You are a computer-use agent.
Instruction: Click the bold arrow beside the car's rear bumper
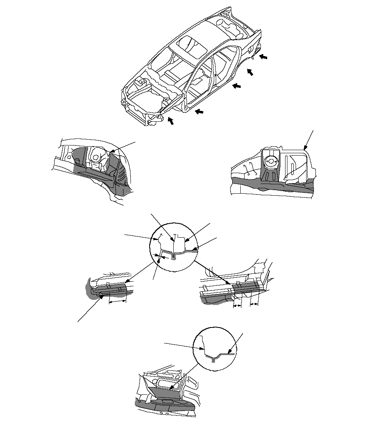[x=264, y=57]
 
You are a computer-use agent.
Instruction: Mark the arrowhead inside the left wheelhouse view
[x=111, y=152]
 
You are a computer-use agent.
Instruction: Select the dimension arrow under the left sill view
[x=118, y=301]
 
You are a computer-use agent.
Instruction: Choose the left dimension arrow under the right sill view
[x=237, y=306]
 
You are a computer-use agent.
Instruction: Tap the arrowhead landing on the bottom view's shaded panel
[x=171, y=388]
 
